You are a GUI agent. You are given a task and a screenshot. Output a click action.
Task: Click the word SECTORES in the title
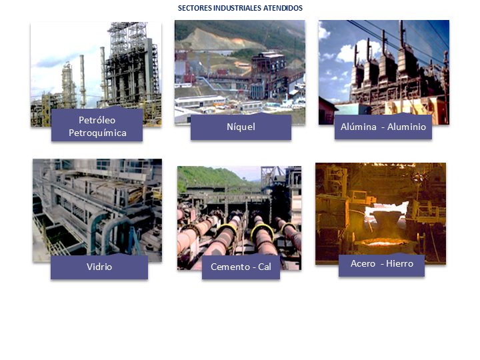coord(195,9)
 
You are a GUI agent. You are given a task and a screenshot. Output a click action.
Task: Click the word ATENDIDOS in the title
coord(284,9)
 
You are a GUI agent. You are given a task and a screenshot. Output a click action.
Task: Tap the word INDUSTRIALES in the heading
coord(239,9)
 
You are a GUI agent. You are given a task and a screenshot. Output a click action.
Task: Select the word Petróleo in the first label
coord(97,120)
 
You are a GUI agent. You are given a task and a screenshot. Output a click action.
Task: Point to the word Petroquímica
coord(97,133)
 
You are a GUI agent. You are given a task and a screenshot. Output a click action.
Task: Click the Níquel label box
coord(241,127)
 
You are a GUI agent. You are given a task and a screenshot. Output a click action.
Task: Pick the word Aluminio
coord(407,127)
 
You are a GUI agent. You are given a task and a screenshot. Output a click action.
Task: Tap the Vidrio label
coord(99,267)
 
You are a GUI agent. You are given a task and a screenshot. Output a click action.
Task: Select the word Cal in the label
coord(264,267)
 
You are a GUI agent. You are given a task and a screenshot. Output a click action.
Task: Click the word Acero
coord(363,263)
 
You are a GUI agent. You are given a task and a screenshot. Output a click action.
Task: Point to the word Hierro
coord(399,263)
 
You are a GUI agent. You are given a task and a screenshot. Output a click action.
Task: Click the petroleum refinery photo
coord(95,67)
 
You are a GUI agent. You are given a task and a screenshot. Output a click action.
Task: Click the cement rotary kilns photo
coord(239,213)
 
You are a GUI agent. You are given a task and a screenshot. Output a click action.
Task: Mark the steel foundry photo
coord(381,207)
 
